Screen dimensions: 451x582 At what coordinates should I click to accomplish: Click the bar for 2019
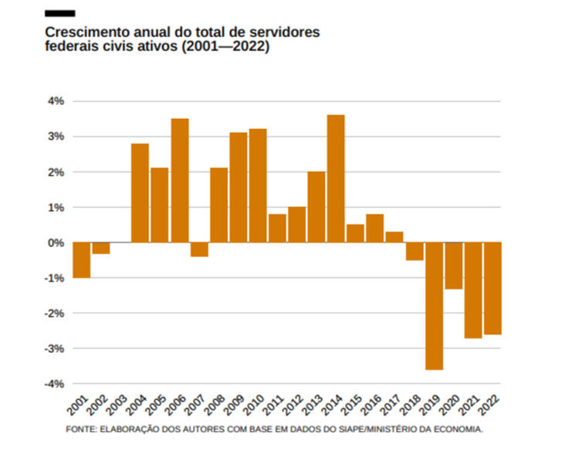click(434, 306)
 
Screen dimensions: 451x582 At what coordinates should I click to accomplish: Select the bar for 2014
click(336, 178)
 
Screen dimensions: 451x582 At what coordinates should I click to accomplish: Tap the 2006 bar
click(179, 180)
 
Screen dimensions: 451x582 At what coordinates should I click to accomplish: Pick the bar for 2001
click(81, 260)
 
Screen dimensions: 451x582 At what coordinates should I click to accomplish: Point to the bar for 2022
click(492, 288)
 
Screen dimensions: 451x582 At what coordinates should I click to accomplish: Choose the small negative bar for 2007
click(199, 249)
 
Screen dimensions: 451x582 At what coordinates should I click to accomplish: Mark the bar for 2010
click(258, 185)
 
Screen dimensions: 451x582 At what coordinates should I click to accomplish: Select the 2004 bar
click(140, 193)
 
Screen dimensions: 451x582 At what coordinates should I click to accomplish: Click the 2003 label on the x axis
click(116, 404)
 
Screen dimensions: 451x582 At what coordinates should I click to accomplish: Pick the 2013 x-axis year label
click(312, 404)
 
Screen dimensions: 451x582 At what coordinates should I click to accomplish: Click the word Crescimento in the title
click(83, 32)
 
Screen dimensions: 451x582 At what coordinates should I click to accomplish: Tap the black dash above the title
click(60, 13)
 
